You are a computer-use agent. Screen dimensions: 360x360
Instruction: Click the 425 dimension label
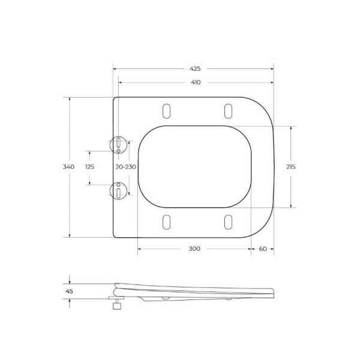tap(195, 69)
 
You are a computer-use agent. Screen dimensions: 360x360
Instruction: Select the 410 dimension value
tap(195, 82)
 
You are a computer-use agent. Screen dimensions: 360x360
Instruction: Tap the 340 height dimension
tap(69, 167)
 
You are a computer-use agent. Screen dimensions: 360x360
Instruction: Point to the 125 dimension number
tap(89, 167)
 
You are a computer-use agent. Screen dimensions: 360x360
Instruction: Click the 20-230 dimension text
tap(125, 167)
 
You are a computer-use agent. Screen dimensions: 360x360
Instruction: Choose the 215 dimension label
tap(292, 167)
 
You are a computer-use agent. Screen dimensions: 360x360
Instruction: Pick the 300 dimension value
tap(194, 248)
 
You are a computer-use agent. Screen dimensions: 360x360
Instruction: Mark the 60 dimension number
tap(263, 248)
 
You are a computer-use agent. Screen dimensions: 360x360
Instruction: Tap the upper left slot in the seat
tap(166, 112)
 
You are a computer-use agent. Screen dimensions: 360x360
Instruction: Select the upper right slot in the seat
tap(228, 112)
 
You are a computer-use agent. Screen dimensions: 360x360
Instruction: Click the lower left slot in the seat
tap(166, 221)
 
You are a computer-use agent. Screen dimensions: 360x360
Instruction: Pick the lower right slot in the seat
tap(228, 221)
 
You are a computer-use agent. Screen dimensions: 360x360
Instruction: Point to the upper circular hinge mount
tap(119, 144)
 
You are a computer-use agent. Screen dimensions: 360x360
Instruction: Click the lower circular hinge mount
tap(119, 190)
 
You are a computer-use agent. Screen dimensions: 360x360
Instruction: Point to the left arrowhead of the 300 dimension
tap(140, 248)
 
